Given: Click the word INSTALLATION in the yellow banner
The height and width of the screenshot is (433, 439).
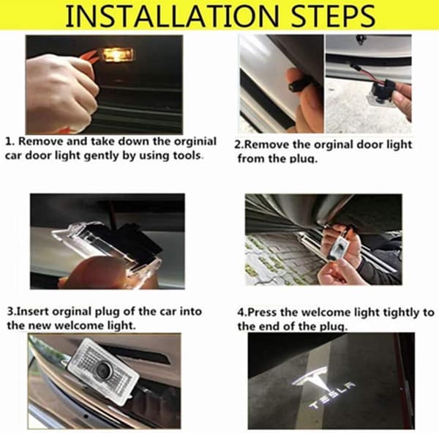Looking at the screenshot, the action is tap(172, 15).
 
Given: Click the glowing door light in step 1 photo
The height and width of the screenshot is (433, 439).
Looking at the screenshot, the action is tap(117, 54).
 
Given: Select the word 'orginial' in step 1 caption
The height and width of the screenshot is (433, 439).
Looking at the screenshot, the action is tap(195, 141).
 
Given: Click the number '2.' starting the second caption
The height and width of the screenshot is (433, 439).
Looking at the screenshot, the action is tap(239, 145).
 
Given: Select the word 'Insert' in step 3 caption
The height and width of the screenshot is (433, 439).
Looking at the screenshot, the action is tap(33, 311).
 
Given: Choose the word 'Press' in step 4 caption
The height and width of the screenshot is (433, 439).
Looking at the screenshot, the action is tap(263, 312).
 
